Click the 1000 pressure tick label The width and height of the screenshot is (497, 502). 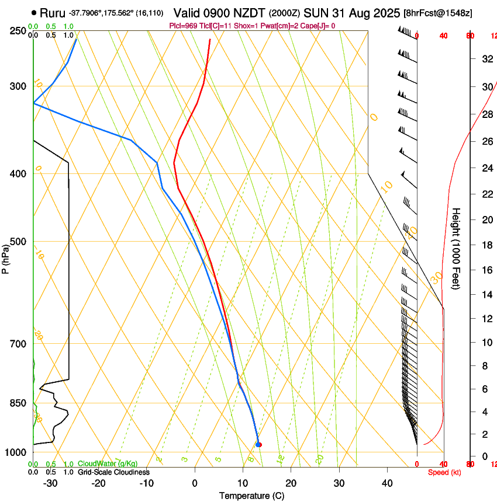pyautogui.click(x=17, y=453)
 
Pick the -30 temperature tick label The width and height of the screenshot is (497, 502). pyautogui.click(x=50, y=483)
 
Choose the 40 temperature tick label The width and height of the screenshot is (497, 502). pyautogui.click(x=386, y=483)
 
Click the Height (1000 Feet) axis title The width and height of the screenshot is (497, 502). pyautogui.click(x=457, y=248)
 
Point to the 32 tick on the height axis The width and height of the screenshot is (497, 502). pyautogui.click(x=486, y=59)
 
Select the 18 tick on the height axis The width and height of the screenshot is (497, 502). pyautogui.click(x=486, y=245)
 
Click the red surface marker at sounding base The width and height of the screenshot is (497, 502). pyautogui.click(x=258, y=445)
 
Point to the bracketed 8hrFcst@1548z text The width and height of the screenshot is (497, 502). pyautogui.click(x=437, y=13)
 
